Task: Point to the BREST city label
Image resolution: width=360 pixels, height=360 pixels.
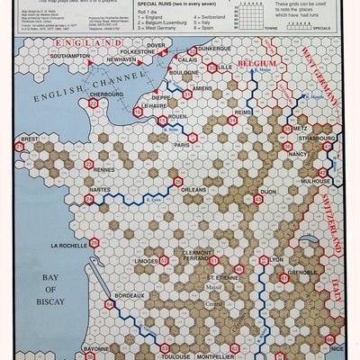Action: [x=30, y=139]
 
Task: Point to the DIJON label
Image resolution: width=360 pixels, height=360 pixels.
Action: [x=268, y=192]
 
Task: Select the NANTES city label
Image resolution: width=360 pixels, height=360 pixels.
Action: [x=100, y=190]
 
